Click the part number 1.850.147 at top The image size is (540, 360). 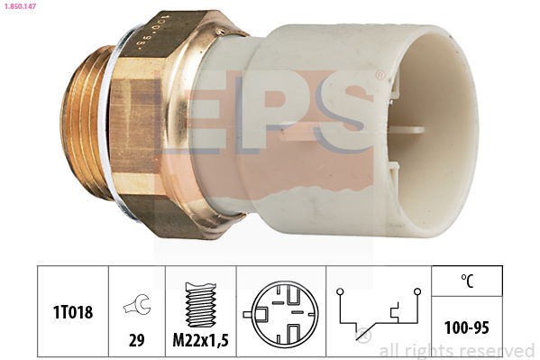(x=19, y=5)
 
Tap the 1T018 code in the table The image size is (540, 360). (x=73, y=312)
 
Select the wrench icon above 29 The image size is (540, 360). (x=137, y=305)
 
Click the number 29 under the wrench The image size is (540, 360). (x=136, y=341)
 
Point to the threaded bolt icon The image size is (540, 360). (x=201, y=304)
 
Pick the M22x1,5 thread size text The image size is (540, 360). (x=200, y=341)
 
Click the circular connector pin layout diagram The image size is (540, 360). (x=281, y=314)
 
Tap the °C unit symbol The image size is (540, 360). (x=467, y=281)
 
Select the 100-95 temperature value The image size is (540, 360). (x=467, y=328)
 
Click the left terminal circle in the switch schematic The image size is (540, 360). (x=340, y=291)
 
